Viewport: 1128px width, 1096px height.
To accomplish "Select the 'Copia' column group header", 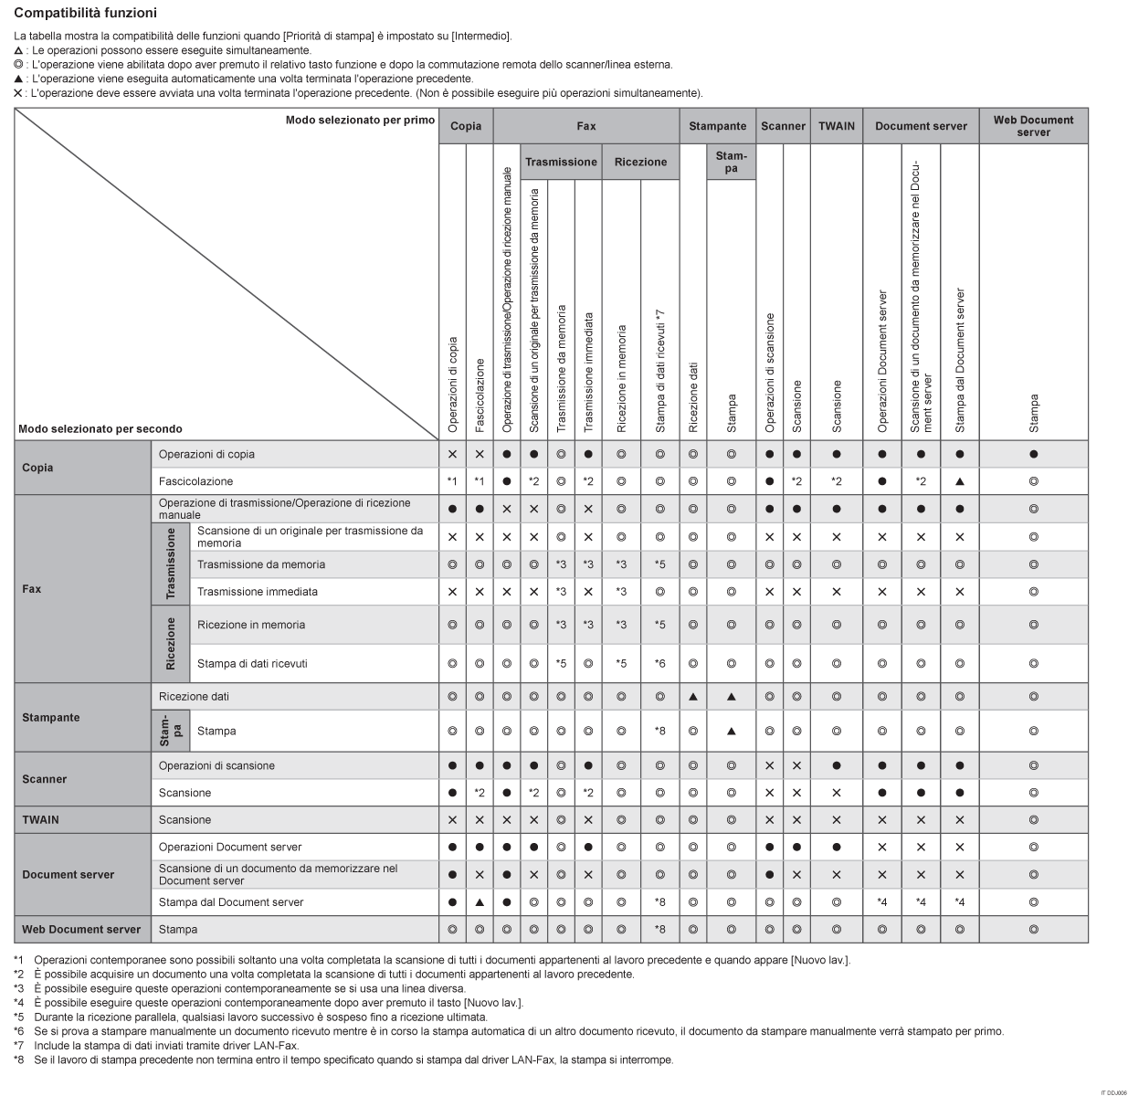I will tap(466, 126).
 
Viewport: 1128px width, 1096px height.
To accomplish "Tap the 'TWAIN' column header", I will tap(837, 126).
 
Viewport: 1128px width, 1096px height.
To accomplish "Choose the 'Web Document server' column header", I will tap(1033, 126).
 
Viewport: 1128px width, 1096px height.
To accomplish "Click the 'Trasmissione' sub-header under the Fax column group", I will tap(561, 162).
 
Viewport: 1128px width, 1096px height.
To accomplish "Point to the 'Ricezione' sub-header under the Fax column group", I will tap(640, 162).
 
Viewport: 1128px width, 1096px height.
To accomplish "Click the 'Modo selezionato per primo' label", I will tap(360, 121).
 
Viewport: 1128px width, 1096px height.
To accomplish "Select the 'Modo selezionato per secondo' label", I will tap(100, 428).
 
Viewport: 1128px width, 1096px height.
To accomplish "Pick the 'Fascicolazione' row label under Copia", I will tap(195, 481).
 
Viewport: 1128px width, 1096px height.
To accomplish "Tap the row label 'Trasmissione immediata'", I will tap(258, 592).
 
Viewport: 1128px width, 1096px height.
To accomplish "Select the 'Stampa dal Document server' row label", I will tap(231, 902).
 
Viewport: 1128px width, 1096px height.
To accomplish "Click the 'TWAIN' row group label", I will tap(40, 820).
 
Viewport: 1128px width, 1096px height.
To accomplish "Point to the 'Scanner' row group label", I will tap(45, 779).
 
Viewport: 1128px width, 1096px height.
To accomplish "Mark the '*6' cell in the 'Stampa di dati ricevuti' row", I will tap(659, 663).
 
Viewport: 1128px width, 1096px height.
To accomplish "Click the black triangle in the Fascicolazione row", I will tap(959, 481).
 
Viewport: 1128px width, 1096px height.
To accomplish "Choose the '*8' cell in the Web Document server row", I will tap(659, 930).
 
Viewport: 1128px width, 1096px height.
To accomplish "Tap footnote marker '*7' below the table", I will tap(19, 1045).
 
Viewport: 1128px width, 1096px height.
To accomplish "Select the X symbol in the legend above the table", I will tap(18, 93).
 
